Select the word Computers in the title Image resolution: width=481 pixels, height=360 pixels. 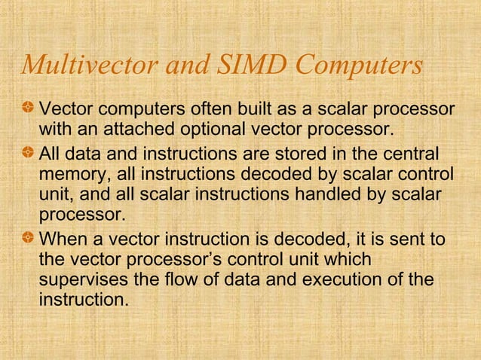coord(363,67)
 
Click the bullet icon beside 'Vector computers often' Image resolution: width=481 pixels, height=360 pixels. coord(29,103)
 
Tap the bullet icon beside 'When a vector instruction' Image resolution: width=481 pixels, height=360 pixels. coord(29,239)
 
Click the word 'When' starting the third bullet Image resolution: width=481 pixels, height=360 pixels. coord(63,239)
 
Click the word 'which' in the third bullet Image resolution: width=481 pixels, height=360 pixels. coord(346,260)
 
